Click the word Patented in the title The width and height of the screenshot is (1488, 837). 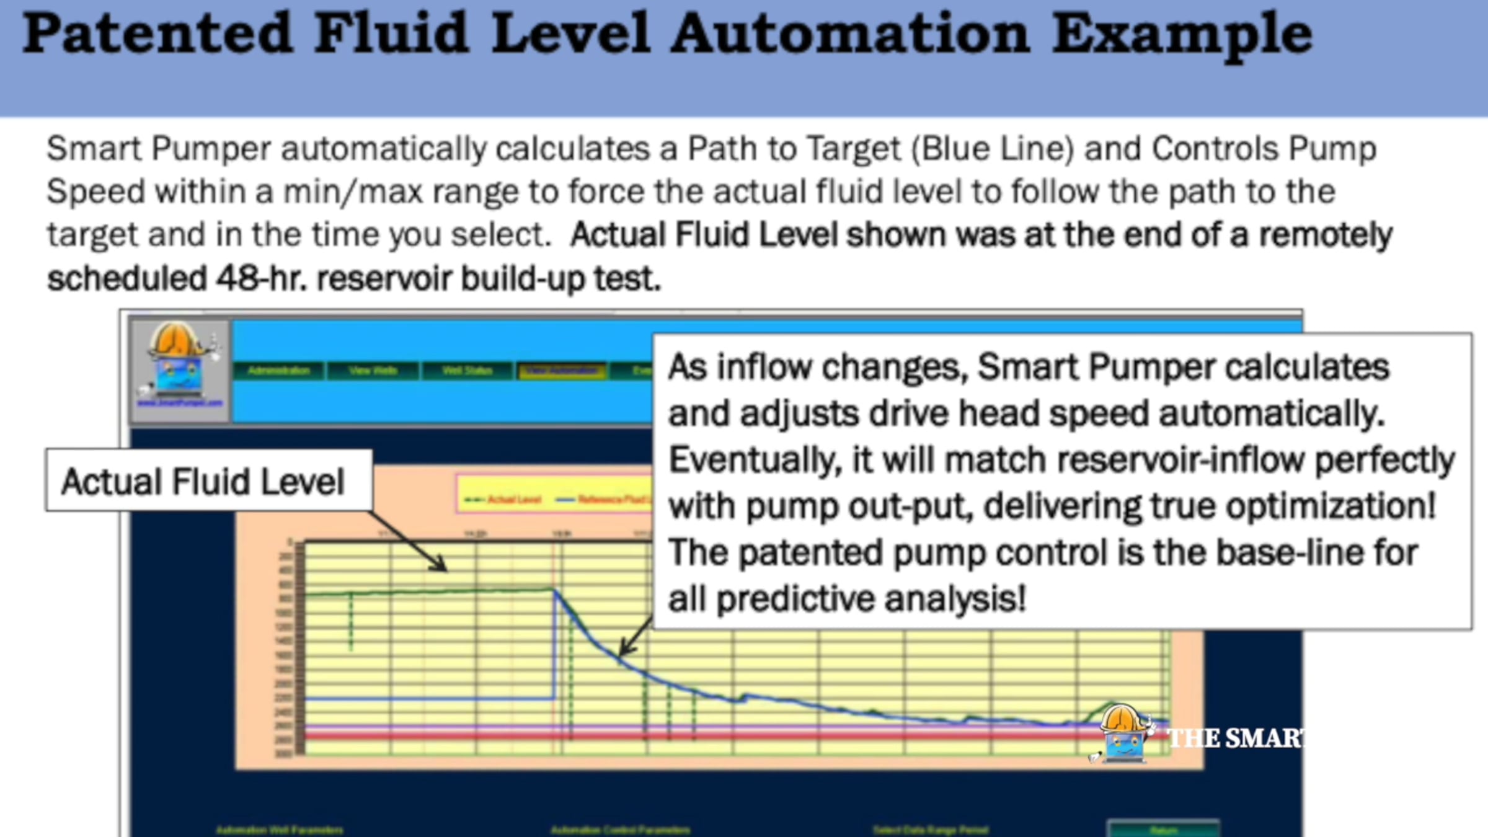pos(157,34)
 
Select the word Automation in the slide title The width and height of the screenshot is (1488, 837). pos(850,34)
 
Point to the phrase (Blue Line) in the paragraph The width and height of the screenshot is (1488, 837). pos(992,149)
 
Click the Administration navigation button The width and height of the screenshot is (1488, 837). pos(278,371)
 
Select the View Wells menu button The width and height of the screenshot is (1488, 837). pos(373,371)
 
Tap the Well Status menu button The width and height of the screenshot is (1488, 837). pos(467,371)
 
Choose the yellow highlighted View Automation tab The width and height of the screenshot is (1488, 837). pos(562,371)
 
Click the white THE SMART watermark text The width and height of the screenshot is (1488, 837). pos(1234,738)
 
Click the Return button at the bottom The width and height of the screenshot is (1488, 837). pos(1163,830)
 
